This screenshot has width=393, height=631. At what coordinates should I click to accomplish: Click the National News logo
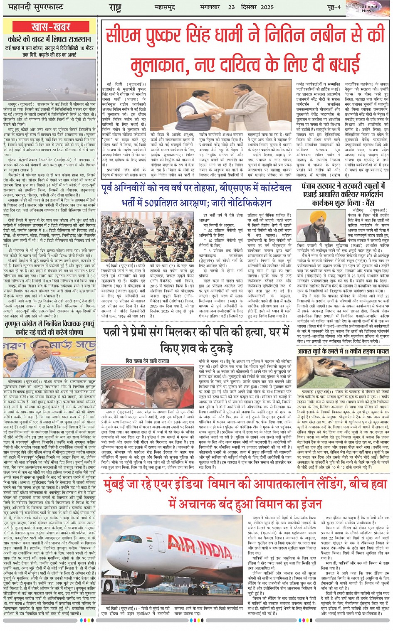[x=368, y=8]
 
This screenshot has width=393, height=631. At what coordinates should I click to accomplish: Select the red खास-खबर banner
[x=50, y=27]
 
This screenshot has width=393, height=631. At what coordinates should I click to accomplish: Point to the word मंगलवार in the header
[x=210, y=7]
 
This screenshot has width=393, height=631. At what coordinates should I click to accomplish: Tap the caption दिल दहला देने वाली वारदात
[x=147, y=361]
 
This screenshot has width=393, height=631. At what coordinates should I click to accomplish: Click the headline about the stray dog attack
[x=343, y=351]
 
